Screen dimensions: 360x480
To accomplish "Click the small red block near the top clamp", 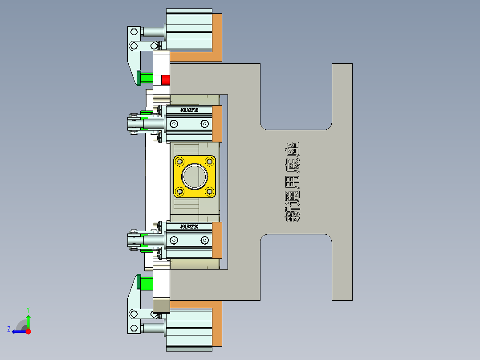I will pos(166,80).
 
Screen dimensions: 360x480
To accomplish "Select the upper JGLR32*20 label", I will pos(189,110).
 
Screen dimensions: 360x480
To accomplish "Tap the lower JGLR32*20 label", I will pos(189,227).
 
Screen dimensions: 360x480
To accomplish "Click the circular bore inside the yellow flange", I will pos(195,176).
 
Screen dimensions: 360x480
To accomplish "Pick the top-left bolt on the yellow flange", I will pos(180,161).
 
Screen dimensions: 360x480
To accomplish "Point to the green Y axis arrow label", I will pos(28,309).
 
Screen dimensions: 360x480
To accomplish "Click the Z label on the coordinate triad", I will pos(9,329).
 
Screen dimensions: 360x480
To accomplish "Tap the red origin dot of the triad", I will pos(28,331).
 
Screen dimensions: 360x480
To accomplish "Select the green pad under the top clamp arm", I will pos(145,79).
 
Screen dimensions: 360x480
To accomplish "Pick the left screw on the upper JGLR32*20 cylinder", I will pos(174,123).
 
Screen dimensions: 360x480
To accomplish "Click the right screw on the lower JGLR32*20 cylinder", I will pos(204,241).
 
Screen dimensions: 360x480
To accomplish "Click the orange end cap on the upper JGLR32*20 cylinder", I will pos(217,123).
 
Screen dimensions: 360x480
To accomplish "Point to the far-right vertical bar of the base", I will pos(342,182).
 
